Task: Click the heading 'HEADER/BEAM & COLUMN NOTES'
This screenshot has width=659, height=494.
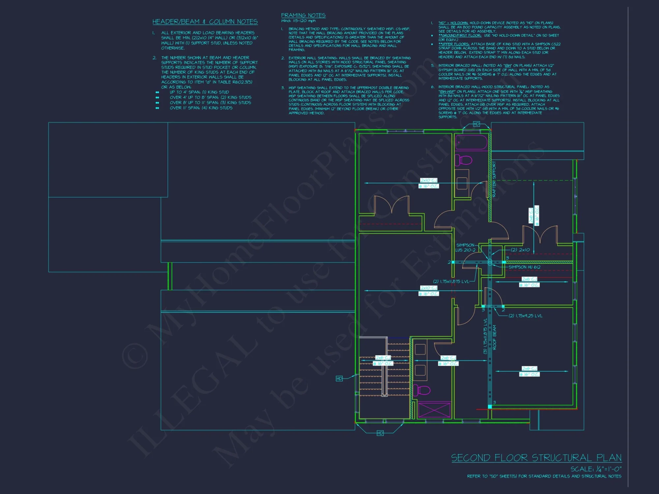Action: pos(205,22)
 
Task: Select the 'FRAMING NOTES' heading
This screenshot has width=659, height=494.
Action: pos(303,15)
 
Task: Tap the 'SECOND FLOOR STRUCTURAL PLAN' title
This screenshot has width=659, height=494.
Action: pos(536,458)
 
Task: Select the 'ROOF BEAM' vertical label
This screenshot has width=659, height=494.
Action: pos(494,337)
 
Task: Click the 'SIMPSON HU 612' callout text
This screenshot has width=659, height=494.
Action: pos(524,267)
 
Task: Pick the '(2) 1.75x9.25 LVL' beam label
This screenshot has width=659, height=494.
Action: pos(525,316)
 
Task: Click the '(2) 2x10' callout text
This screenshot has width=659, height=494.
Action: pos(520,250)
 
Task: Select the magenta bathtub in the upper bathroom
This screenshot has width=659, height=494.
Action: pos(471,143)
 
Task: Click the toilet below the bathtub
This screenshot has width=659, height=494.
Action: pos(464,160)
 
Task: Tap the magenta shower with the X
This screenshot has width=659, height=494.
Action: pos(434,410)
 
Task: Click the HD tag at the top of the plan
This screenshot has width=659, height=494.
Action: pos(476,124)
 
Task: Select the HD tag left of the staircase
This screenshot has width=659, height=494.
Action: pos(339,379)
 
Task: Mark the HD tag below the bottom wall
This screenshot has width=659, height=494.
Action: pos(380,433)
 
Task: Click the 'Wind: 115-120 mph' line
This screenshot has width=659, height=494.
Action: pos(298,21)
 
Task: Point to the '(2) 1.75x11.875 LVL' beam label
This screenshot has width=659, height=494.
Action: pos(450,282)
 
